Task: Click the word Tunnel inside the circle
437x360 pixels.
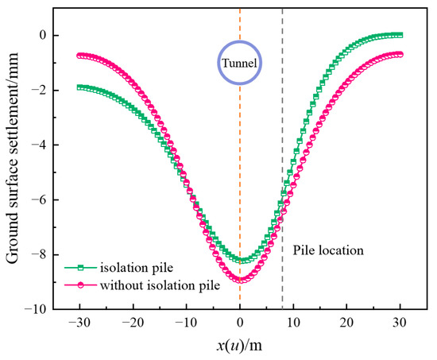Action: click(240, 62)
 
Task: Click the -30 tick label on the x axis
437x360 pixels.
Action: click(79, 323)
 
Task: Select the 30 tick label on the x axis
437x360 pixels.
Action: click(400, 323)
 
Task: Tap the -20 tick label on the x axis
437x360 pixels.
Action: click(133, 323)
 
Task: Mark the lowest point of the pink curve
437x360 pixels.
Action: click(240, 279)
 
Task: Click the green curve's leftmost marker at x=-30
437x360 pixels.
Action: click(79, 87)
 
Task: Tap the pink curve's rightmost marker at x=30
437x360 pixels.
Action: click(400, 54)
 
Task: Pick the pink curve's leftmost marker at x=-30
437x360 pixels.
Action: click(79, 55)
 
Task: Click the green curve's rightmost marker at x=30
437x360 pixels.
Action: click(400, 35)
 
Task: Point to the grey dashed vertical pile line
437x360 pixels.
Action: click(282, 159)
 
